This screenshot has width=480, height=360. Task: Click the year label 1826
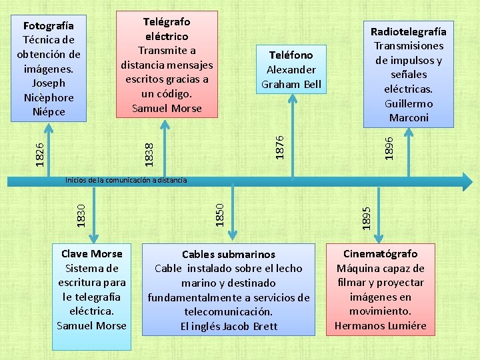pyautogui.click(x=41, y=153)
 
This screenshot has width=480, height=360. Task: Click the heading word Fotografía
pyautogui.click(x=45, y=25)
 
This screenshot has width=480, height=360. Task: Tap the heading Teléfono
pyautogui.click(x=291, y=55)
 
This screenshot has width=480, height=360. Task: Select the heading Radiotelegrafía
pyautogui.click(x=409, y=31)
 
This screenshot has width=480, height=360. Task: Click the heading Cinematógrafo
pyautogui.click(x=380, y=254)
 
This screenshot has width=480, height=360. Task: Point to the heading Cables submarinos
pyautogui.click(x=229, y=254)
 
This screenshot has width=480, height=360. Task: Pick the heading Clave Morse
pyautogui.click(x=92, y=254)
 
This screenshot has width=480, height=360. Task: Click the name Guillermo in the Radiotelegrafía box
pyautogui.click(x=409, y=103)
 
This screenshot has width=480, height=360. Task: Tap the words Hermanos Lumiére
pyautogui.click(x=380, y=326)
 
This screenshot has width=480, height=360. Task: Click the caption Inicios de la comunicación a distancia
pyautogui.click(x=125, y=180)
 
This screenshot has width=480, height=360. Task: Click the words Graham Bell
pyautogui.click(x=291, y=84)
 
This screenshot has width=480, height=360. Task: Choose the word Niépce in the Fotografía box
pyautogui.click(x=49, y=111)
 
